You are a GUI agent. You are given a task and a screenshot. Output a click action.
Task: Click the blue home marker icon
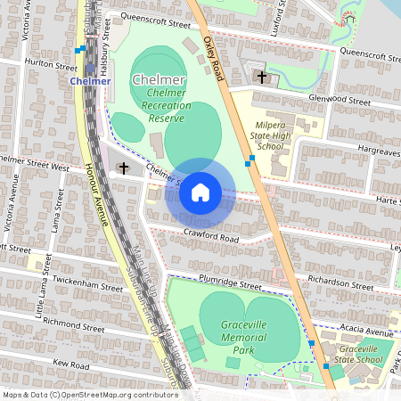coord(200,192)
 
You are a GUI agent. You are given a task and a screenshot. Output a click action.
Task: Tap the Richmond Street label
coord(72,325)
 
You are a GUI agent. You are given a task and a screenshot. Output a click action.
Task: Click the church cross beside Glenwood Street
coord(262,78)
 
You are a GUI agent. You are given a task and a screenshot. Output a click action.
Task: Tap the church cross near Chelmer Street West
coord(124,167)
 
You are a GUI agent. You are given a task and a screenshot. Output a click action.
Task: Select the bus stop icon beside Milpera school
coord(252,159)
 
